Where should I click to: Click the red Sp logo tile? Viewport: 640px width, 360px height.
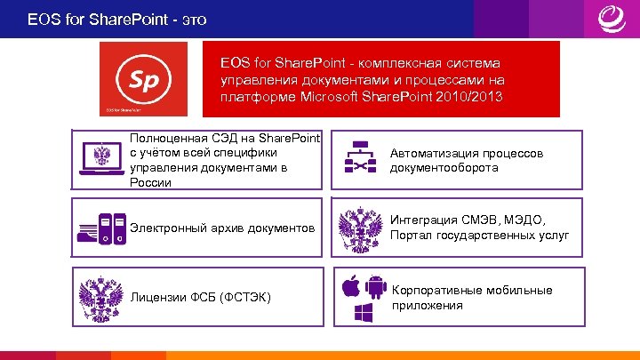143,78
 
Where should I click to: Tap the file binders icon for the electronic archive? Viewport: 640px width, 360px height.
100,229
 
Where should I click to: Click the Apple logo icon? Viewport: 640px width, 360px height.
351,285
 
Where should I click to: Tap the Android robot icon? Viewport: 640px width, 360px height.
376,286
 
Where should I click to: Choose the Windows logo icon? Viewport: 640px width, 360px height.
364,312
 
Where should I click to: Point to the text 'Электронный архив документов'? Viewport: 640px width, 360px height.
222,228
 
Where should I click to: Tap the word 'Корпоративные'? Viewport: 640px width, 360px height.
433,290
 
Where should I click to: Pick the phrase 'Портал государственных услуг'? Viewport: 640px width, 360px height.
479,236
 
